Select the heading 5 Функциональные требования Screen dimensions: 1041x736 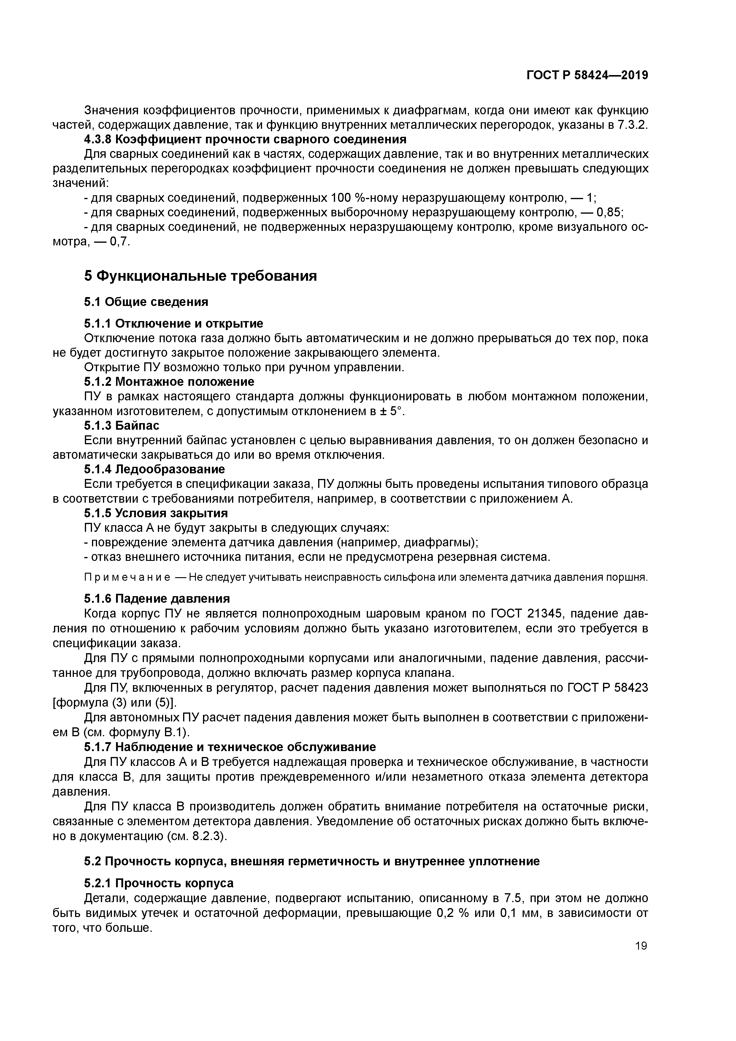pyautogui.click(x=200, y=276)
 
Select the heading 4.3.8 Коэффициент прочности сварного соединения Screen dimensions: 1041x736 pyautogui.click(x=245, y=139)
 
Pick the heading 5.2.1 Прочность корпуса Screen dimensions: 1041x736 pyautogui.click(x=159, y=883)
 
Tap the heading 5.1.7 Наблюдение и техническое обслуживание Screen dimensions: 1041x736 pyautogui.click(x=230, y=747)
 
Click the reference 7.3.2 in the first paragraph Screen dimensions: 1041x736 pyautogui.click(x=632, y=125)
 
